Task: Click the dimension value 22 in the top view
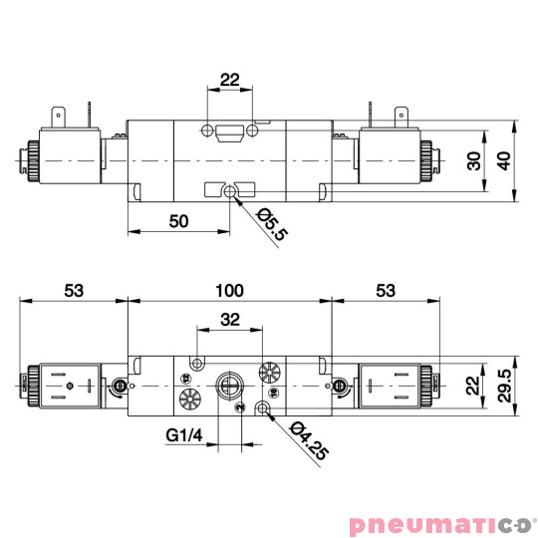[x=229, y=80]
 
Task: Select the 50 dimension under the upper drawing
[x=178, y=222]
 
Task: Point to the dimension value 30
[x=475, y=159]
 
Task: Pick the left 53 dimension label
[x=74, y=290]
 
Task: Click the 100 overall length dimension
[x=229, y=290]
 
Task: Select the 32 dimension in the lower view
[x=230, y=320]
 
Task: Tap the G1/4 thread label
[x=184, y=434]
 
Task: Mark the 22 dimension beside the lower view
[x=475, y=385]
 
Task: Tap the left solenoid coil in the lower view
[x=68, y=385]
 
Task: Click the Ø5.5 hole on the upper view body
[x=230, y=189]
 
